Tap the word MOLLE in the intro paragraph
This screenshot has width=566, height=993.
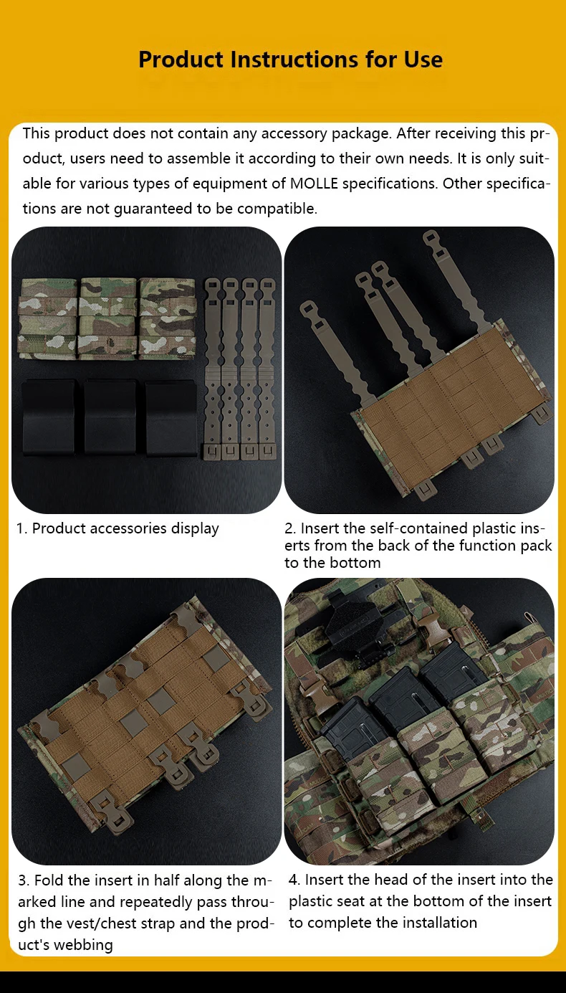[x=314, y=183]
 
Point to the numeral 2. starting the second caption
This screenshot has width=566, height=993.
[x=290, y=528]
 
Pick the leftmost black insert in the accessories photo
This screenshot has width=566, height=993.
[x=49, y=417]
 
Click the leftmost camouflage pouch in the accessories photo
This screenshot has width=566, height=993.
[x=48, y=318]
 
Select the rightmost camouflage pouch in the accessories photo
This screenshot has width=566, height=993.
[x=167, y=318]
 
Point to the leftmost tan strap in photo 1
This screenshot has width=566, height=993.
[x=213, y=369]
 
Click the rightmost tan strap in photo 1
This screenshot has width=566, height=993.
[x=267, y=369]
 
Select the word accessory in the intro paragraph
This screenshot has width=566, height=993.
[x=294, y=133]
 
